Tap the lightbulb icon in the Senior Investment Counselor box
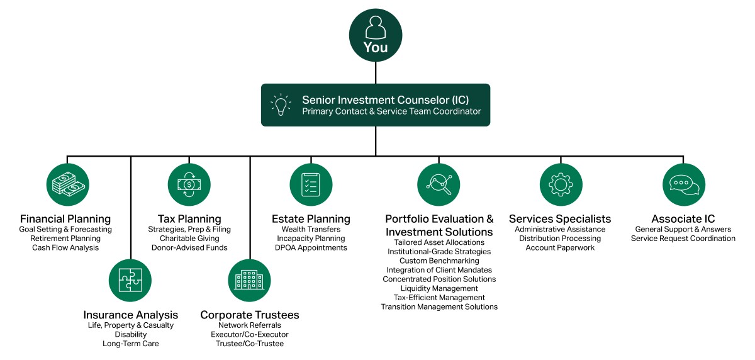tap(281, 105)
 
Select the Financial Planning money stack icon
tap(67, 184)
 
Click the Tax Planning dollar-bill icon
tap(189, 184)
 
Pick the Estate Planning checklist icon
tap(311, 184)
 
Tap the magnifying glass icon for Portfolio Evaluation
tap(439, 184)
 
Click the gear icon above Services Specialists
tap(561, 184)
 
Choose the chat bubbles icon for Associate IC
tap(683, 184)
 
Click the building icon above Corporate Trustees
tap(249, 280)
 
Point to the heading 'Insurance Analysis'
tap(131, 315)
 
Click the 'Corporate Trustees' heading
tap(249, 315)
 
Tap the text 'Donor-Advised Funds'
tap(189, 248)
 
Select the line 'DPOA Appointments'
tap(311, 248)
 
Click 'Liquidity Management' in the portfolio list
tap(439, 288)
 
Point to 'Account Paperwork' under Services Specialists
tap(560, 248)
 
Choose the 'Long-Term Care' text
tap(131, 344)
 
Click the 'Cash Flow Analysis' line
tap(65, 248)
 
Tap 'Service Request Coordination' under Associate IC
tap(683, 239)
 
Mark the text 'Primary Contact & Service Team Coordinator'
tap(391, 111)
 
